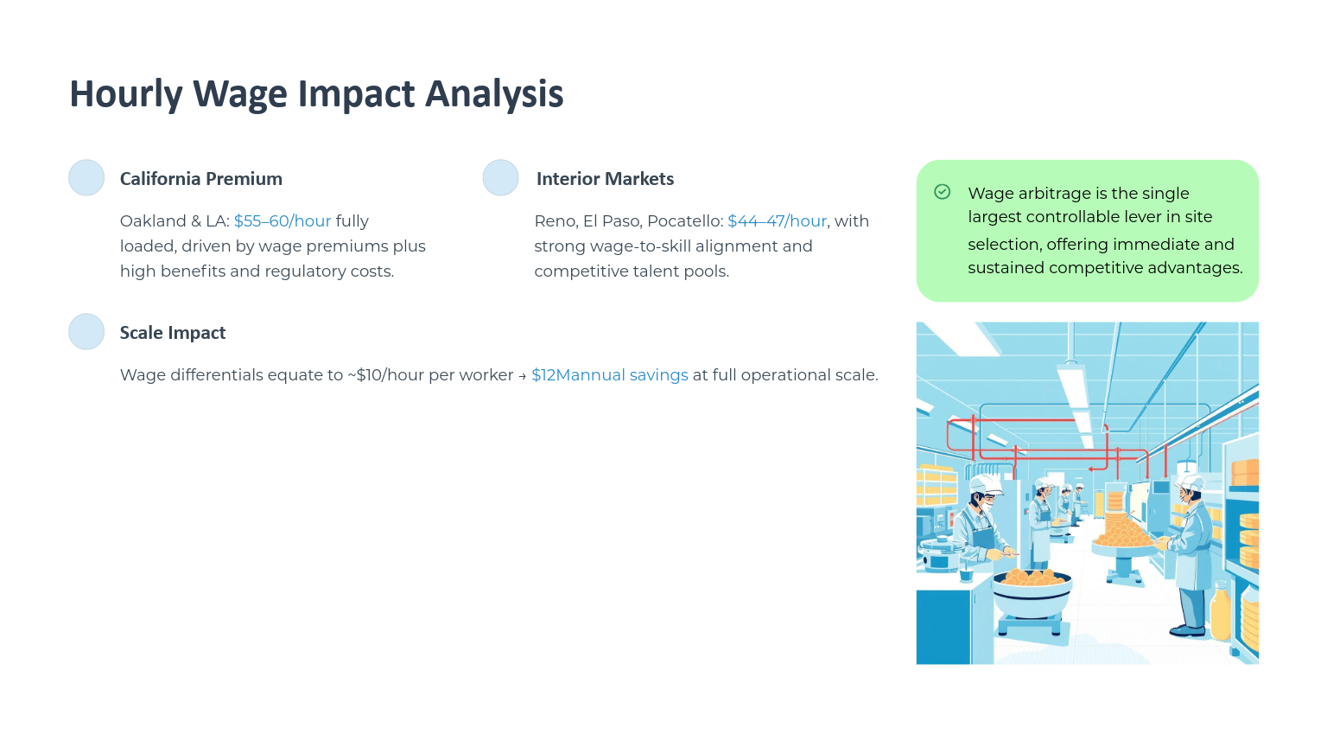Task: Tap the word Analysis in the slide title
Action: [494, 93]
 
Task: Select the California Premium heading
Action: [200, 178]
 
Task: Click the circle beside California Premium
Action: [86, 177]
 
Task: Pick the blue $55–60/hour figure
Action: [283, 221]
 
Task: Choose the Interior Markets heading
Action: [605, 178]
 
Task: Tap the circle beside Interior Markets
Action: [500, 177]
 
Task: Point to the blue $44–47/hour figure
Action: [777, 221]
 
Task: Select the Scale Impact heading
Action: [173, 333]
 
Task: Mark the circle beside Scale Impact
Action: [86, 331]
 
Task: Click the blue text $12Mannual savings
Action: [610, 375]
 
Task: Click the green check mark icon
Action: [943, 192]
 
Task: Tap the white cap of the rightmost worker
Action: [1189, 482]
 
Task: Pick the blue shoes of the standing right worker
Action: [1189, 630]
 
